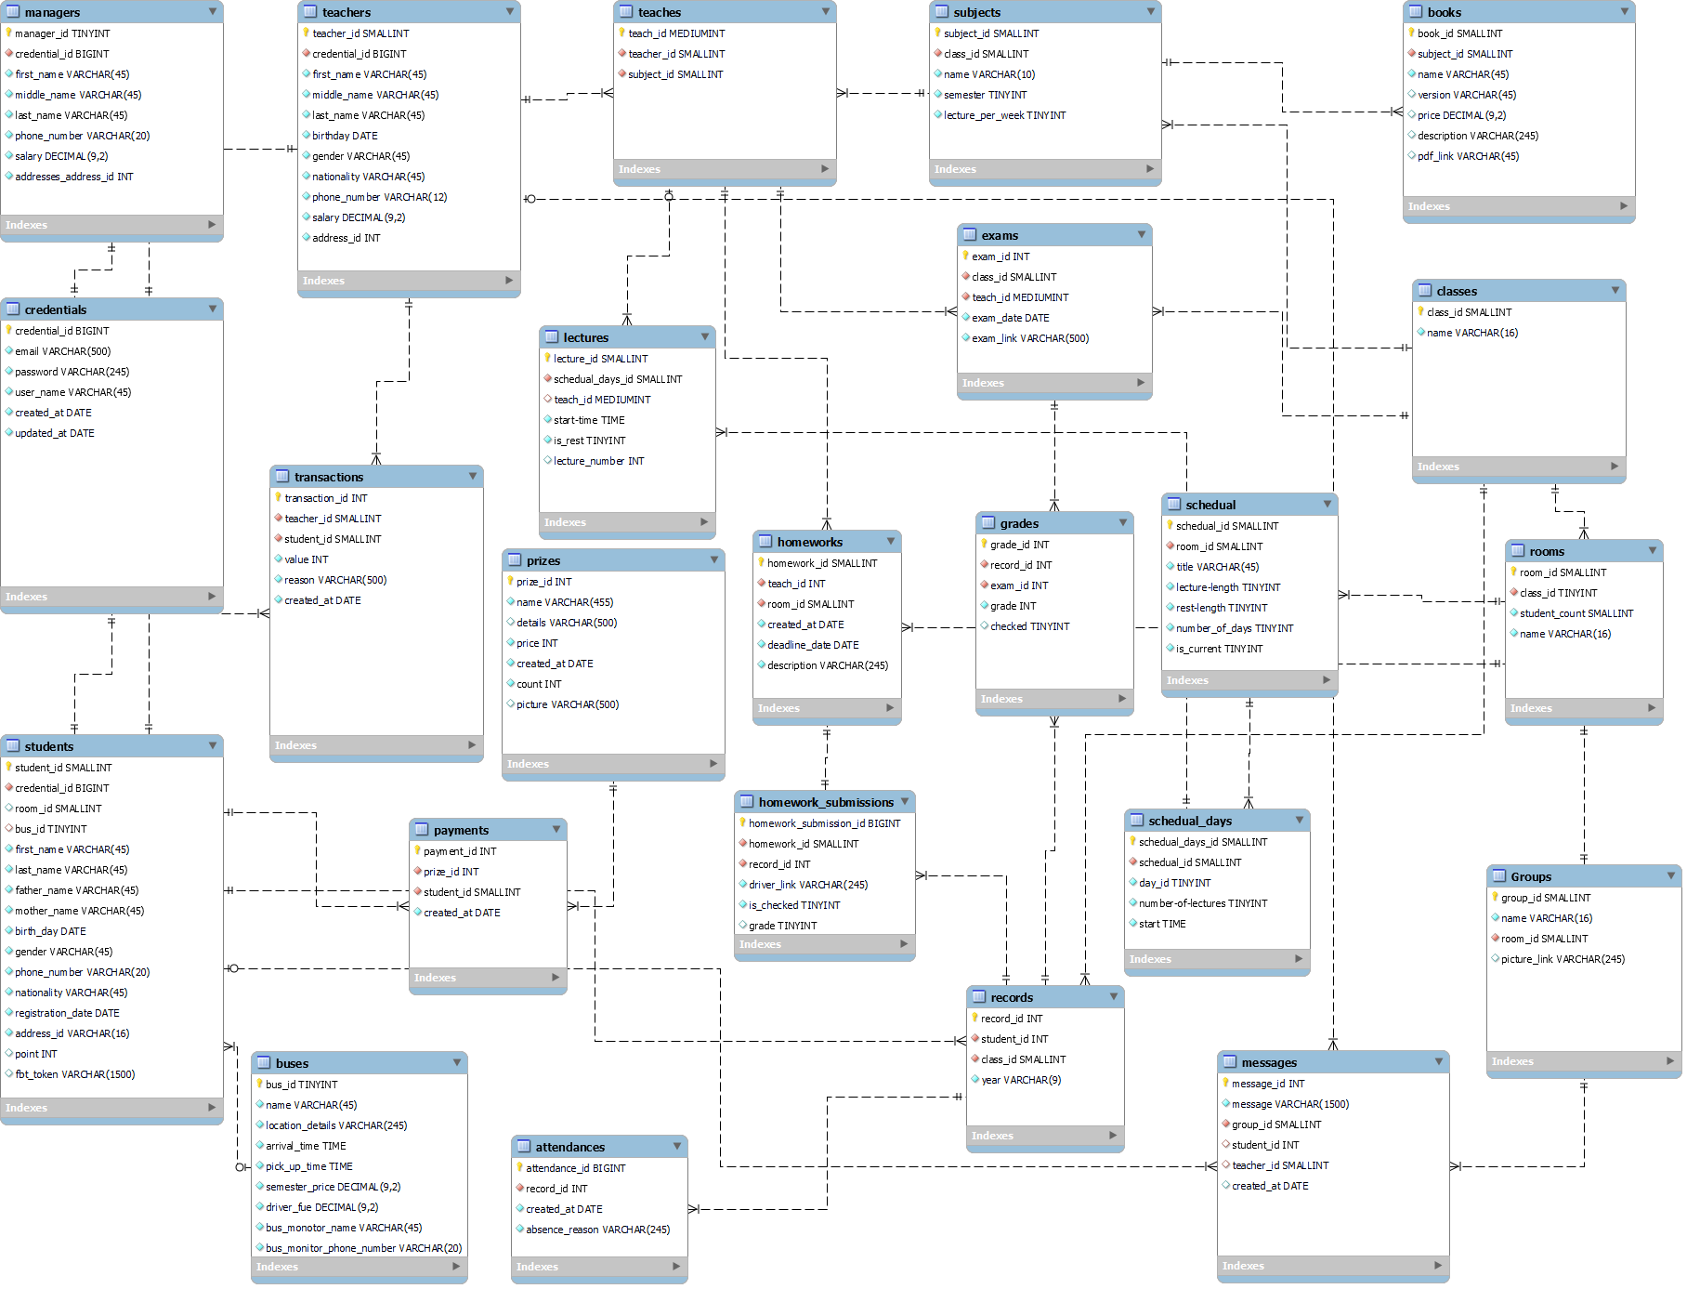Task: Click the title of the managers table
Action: click(x=52, y=12)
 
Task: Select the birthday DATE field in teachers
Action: click(x=345, y=136)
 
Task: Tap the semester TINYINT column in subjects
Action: click(x=985, y=95)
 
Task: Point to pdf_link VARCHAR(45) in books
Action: click(x=1468, y=156)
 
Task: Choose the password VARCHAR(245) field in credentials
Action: click(x=72, y=372)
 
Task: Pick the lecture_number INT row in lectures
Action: click(x=598, y=461)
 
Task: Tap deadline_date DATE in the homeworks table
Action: click(x=813, y=645)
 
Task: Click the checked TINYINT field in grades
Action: click(x=1029, y=626)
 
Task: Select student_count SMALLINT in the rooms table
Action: click(x=1576, y=613)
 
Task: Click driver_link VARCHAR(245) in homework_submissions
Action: click(x=807, y=885)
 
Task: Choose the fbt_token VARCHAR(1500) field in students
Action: click(x=74, y=1074)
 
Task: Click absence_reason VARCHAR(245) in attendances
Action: click(x=597, y=1230)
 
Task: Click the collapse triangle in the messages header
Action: click(x=1439, y=1061)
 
